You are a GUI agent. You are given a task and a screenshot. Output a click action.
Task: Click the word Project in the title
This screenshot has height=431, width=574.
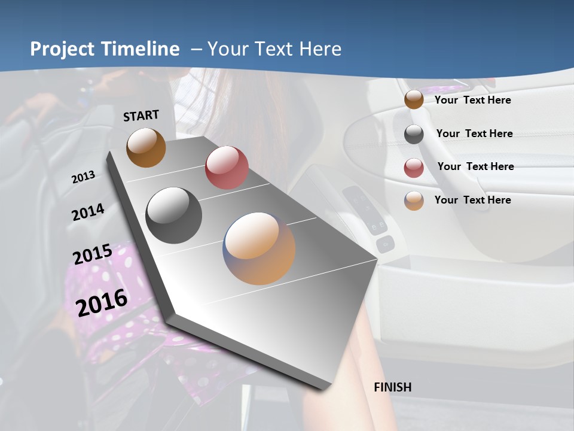pos(61,49)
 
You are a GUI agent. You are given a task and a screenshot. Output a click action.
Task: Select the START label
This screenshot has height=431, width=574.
pos(141,116)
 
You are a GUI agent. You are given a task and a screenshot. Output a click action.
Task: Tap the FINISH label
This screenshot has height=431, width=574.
pos(393,387)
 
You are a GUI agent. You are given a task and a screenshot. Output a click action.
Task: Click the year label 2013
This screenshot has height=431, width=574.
pos(83,177)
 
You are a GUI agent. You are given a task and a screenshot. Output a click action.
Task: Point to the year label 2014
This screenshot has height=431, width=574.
pos(88,212)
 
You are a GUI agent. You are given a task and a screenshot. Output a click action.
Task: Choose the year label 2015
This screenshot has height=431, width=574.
pos(93,254)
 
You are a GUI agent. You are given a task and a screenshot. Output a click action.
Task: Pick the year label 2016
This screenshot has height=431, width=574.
pos(102,302)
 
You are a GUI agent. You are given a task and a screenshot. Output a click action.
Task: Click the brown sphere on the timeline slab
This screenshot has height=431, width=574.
pos(146,147)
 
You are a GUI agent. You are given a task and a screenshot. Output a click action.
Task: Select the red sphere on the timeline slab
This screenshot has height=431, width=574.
pos(227,168)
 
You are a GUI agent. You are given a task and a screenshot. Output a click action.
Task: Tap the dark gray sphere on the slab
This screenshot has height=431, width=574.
pos(173,215)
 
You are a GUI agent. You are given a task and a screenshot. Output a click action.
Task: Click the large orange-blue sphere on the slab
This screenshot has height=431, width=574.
pos(259,248)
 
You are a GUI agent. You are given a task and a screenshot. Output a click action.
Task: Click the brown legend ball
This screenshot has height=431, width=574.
pos(414,100)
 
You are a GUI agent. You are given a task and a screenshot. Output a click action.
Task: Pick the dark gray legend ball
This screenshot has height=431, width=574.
pos(414,134)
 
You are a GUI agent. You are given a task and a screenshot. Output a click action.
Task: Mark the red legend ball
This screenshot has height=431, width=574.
pos(414,168)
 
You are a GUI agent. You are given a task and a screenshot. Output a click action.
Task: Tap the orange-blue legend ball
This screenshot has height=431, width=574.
pos(414,201)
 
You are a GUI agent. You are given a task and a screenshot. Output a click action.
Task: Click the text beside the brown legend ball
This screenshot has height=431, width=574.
pos(472,100)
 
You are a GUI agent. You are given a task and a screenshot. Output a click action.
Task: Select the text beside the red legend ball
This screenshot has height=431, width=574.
pos(475,166)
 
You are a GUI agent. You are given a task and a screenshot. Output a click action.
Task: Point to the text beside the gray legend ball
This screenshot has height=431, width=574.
pos(474,133)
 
